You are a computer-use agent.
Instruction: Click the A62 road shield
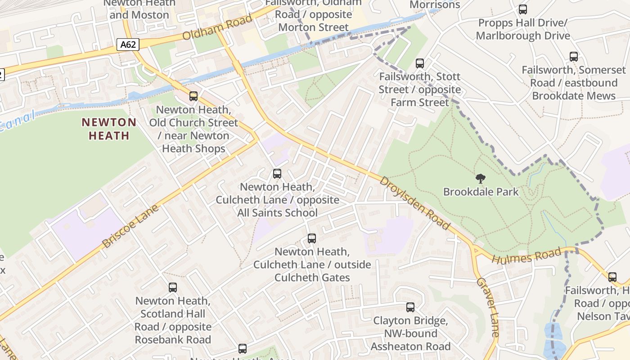point(128,45)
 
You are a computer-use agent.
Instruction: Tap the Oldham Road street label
point(217,28)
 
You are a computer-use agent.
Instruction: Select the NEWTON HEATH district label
point(109,129)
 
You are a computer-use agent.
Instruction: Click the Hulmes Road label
point(526,256)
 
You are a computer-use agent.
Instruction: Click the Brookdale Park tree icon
point(481,179)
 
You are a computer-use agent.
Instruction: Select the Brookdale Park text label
point(481,192)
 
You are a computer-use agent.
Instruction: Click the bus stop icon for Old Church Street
point(193,96)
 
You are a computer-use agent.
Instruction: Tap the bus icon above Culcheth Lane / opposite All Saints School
point(277,174)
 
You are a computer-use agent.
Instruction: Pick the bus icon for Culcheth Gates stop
point(312,238)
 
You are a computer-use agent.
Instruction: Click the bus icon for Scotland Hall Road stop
point(173,288)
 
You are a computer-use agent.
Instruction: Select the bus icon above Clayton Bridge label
point(410,307)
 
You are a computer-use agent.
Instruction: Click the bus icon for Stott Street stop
point(420,63)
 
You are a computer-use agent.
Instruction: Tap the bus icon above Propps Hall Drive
point(523,9)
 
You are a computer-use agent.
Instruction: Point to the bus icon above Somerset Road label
point(574,57)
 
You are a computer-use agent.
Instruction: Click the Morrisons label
point(435,5)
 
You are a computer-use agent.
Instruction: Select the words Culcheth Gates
point(312,278)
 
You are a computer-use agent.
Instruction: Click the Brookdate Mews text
point(574,96)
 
